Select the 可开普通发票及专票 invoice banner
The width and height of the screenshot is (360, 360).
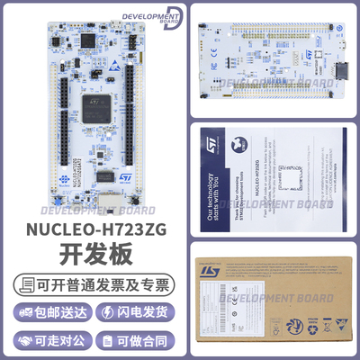(92, 287)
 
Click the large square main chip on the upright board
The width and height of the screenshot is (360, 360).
(95, 109)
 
